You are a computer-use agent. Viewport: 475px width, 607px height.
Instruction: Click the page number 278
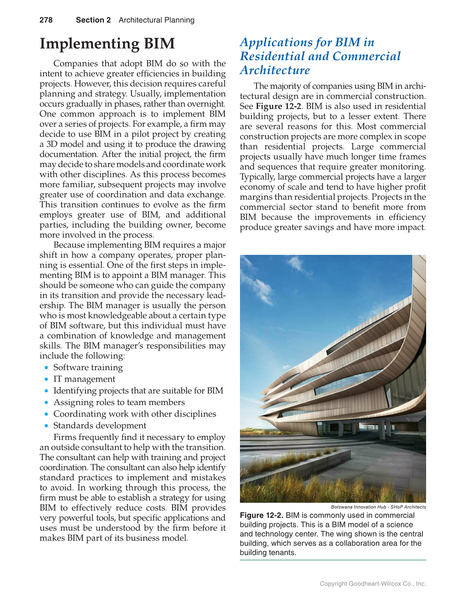46,20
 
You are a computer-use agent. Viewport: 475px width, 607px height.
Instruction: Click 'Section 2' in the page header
93,20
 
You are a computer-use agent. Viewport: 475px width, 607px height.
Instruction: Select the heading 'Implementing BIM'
107,44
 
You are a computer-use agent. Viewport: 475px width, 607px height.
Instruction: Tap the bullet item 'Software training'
88,368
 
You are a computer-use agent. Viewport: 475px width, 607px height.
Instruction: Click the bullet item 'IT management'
84,379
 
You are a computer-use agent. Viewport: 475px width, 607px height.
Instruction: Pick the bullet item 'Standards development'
99,426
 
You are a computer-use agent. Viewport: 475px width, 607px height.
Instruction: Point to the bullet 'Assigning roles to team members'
119,403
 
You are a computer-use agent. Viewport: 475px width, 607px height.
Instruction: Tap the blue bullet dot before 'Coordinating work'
47,415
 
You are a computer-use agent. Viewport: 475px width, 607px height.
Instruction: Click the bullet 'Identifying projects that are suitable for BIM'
138,391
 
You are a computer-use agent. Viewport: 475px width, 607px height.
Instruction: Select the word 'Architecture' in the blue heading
275,70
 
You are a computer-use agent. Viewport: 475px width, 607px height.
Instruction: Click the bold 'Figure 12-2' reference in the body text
278,106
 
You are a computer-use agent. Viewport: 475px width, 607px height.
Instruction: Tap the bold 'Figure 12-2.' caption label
261,515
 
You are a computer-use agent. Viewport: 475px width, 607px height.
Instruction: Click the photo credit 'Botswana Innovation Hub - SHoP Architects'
378,507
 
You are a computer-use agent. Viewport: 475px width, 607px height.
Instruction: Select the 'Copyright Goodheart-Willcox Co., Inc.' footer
373,584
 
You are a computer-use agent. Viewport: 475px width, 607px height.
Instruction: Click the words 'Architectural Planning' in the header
157,20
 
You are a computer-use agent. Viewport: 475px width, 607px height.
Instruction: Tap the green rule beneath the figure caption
333,560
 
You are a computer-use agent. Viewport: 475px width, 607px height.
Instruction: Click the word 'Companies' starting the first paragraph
76,64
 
